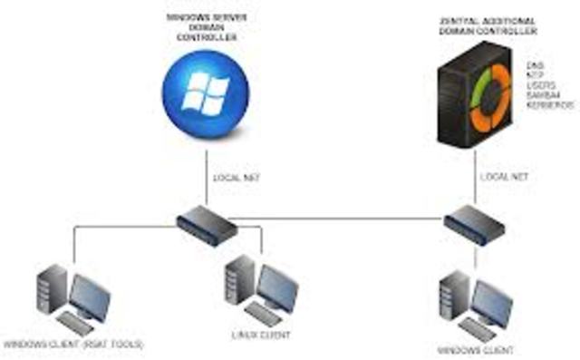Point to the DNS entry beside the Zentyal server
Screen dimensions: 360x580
click(x=536, y=65)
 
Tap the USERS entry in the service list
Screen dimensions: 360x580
click(x=540, y=85)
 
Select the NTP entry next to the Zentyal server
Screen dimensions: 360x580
click(x=536, y=75)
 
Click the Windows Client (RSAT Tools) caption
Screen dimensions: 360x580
click(x=73, y=345)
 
